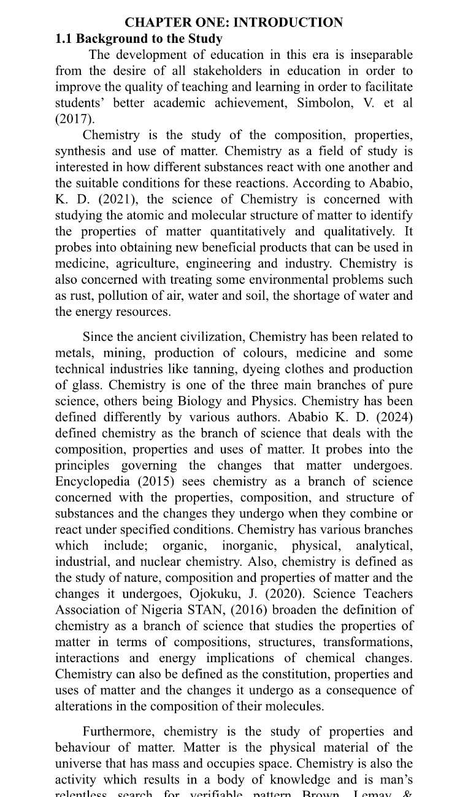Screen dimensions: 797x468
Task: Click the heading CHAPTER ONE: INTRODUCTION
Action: coord(234,23)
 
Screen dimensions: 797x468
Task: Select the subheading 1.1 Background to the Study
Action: coord(139,39)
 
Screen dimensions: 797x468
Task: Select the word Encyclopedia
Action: coord(92,481)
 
